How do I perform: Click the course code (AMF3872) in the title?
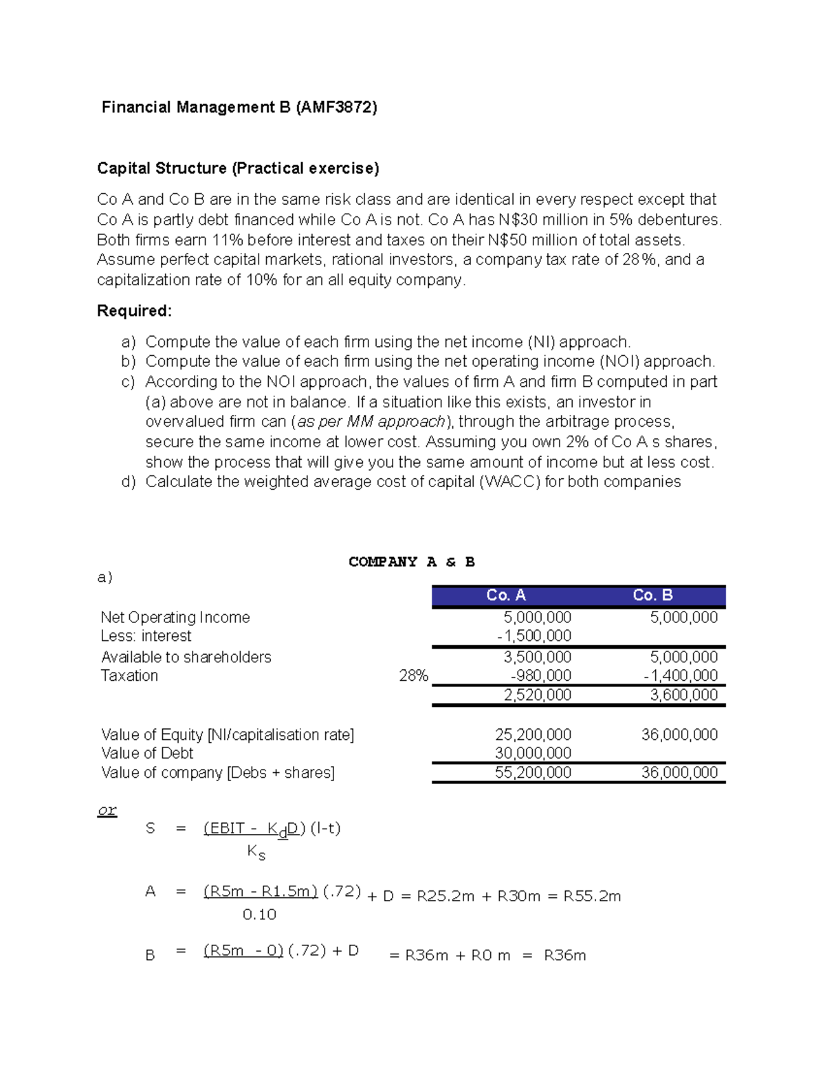(336, 107)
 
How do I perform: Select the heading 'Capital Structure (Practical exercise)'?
(238, 168)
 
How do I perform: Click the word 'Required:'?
(134, 311)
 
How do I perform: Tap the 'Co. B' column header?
(652, 596)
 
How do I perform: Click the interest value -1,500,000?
(534, 636)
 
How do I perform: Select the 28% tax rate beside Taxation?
(413, 676)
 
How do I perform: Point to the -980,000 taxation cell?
(540, 676)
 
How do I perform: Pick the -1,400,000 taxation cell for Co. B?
(681, 676)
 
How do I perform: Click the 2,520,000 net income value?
(537, 695)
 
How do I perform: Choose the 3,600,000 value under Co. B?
(683, 695)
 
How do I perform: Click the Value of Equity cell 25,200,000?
(533, 735)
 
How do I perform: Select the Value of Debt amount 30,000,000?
(533, 754)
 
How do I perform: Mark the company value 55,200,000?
(533, 773)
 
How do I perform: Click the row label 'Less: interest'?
(146, 636)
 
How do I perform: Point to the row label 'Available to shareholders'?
(186, 658)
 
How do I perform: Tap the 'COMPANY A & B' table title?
(411, 562)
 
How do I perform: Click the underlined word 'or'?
(107, 811)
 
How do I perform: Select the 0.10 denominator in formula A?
(259, 914)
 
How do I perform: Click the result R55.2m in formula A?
(592, 897)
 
